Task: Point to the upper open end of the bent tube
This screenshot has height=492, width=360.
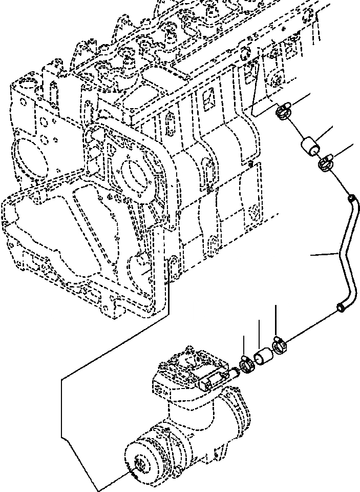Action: tap(350, 198)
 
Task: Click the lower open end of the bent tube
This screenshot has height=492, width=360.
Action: tap(340, 307)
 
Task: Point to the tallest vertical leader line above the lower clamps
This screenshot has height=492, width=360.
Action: tap(276, 320)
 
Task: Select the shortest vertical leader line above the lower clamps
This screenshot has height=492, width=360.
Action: tap(243, 346)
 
